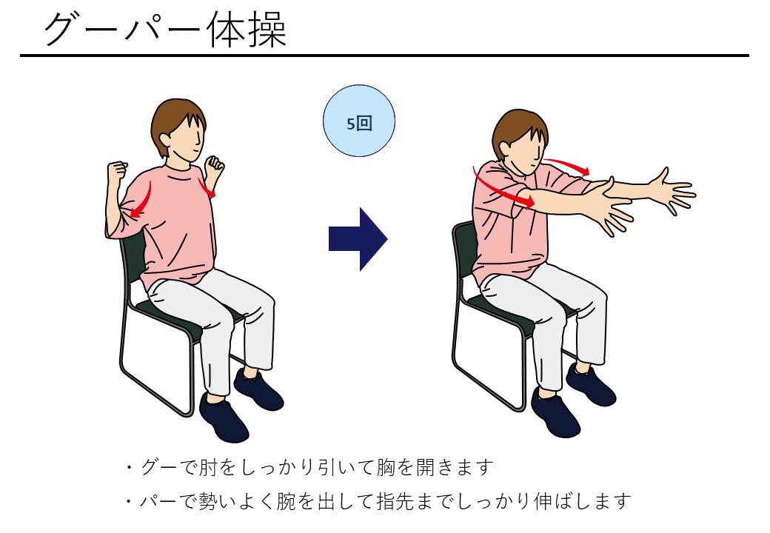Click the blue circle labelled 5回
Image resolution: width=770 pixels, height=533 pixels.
click(358, 121)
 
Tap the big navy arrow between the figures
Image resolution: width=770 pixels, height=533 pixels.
click(358, 239)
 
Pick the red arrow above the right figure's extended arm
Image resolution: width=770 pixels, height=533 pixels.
click(567, 165)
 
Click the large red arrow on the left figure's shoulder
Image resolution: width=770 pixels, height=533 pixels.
click(142, 200)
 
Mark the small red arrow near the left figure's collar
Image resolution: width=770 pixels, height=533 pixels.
click(207, 189)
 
